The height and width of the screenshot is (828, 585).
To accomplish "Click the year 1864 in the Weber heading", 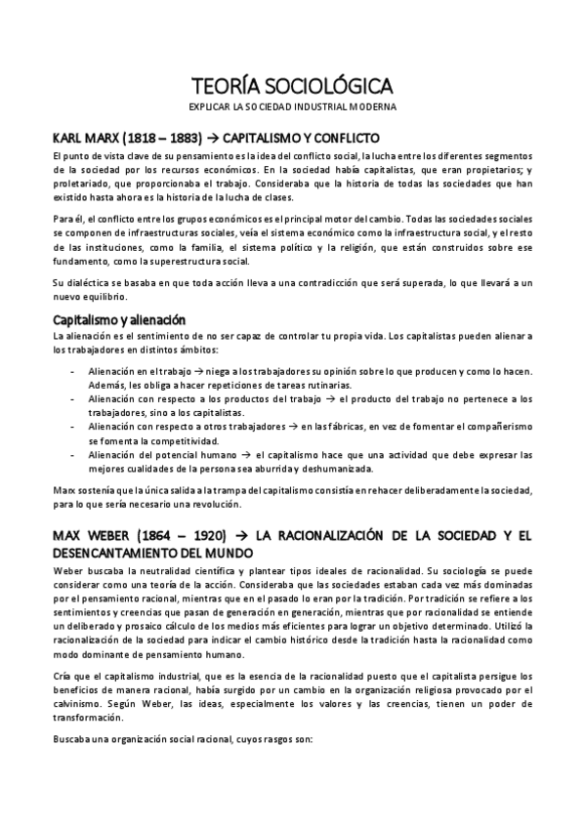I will pos(161,536).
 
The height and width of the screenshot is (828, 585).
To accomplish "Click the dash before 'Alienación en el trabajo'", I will pos(75,373).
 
